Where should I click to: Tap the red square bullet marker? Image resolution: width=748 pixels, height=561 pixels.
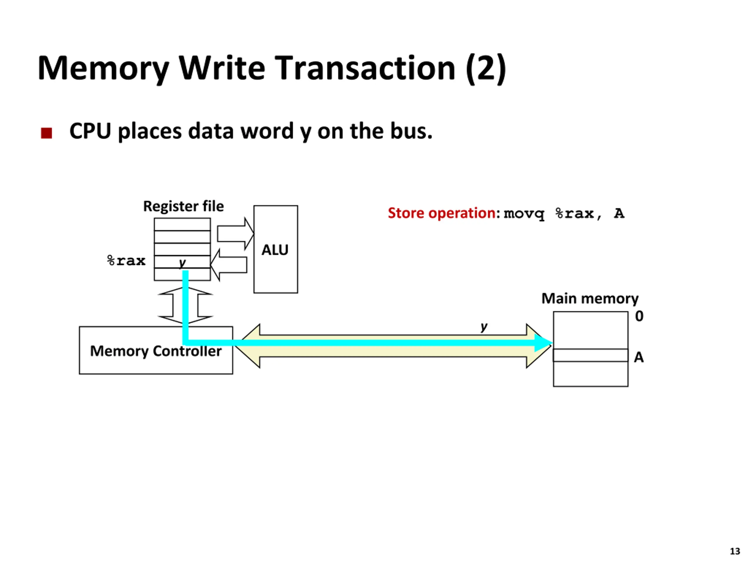tap(46, 133)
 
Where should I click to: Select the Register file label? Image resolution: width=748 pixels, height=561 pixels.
tap(183, 206)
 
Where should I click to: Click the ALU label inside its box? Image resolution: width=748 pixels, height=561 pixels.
tap(275, 250)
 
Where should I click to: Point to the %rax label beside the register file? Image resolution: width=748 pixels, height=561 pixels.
tap(126, 261)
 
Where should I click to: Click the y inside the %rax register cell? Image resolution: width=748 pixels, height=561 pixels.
tap(182, 263)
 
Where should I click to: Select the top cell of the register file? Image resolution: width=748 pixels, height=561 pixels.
tap(182, 224)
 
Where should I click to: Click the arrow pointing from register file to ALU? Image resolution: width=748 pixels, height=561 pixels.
tap(235, 234)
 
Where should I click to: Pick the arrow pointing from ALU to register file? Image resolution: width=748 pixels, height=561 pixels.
tap(228, 265)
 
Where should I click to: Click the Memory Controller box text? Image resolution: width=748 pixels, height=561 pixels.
tap(156, 351)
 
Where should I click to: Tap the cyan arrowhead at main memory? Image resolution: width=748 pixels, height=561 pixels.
tap(543, 343)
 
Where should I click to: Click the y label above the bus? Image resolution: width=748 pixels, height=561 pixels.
tap(484, 327)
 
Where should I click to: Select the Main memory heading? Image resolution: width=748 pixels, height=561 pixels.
tap(590, 299)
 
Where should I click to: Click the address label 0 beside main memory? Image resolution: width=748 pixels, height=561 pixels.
tap(639, 316)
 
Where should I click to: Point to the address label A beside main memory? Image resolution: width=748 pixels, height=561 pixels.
tap(639, 357)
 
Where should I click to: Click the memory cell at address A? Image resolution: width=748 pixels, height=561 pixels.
tap(591, 355)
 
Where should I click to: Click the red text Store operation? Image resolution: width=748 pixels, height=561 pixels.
tap(441, 213)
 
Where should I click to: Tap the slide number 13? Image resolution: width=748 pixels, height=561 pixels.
tap(735, 551)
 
